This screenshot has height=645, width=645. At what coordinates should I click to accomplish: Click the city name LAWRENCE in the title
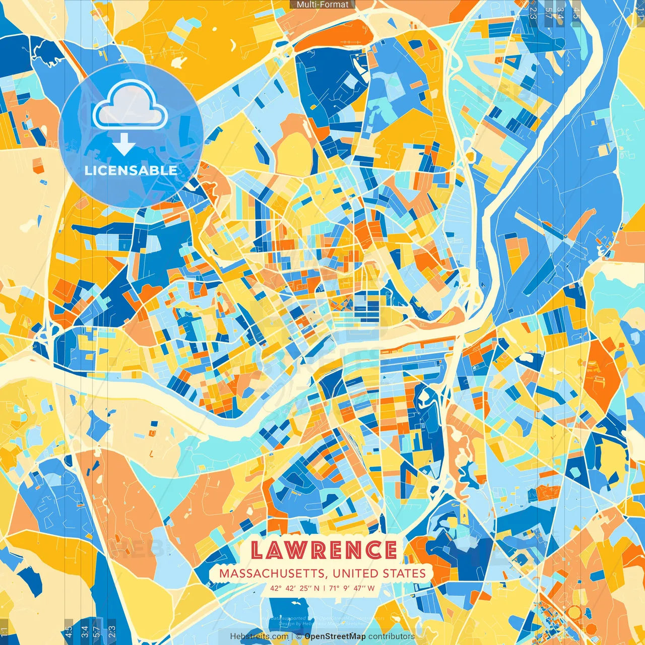(324, 550)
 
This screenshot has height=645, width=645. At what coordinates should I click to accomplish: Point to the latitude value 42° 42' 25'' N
(295, 588)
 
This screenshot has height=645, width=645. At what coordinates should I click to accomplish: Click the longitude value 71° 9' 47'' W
(352, 588)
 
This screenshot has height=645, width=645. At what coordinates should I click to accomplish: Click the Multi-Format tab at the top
(322, 5)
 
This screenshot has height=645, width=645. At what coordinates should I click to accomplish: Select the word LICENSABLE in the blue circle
(131, 170)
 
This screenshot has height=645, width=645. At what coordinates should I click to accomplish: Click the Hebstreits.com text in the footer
(259, 636)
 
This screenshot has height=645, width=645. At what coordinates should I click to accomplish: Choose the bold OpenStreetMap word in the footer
(335, 636)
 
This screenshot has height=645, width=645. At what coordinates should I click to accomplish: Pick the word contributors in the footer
(392, 636)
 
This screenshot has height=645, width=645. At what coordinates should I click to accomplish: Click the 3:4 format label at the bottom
(84, 631)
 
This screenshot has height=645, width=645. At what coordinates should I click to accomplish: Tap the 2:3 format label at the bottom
(112, 631)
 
